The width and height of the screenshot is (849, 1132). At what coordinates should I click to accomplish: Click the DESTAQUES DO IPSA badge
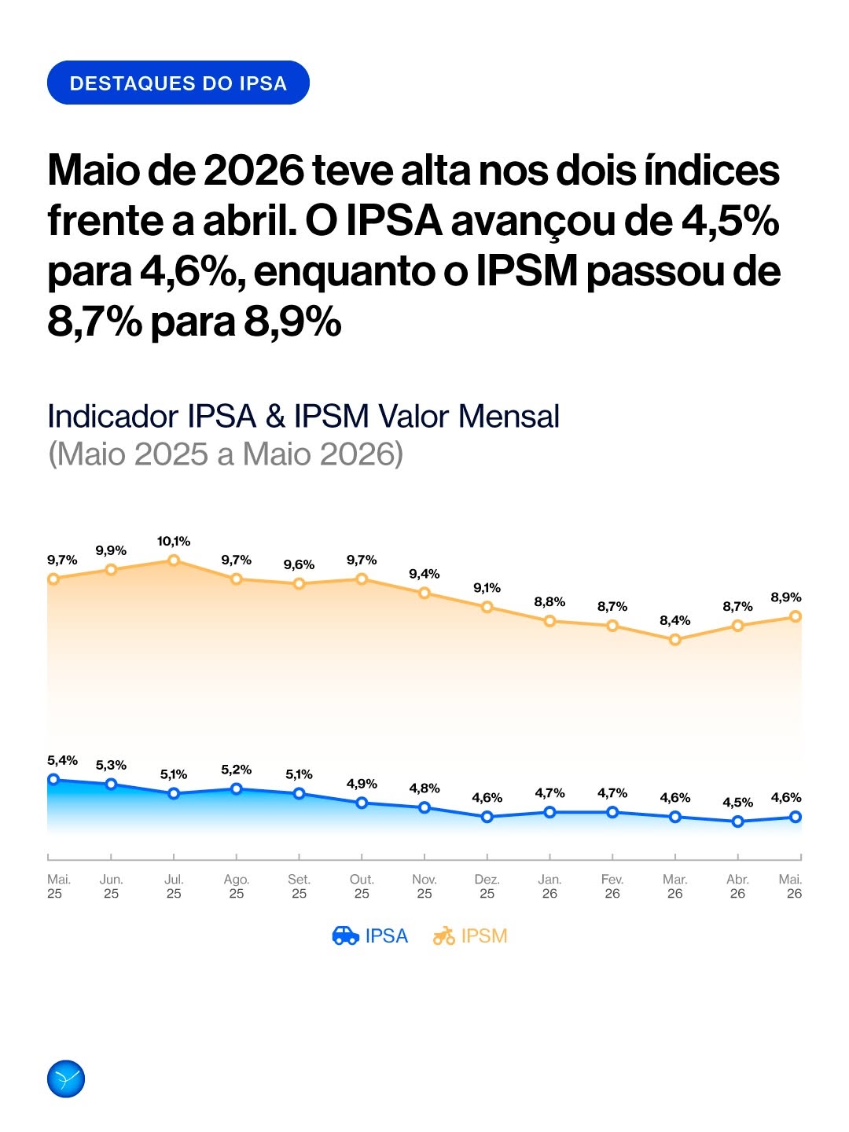pos(178,83)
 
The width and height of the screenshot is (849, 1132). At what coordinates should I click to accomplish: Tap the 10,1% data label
pos(174,542)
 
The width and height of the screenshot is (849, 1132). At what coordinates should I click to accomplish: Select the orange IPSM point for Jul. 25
pos(174,560)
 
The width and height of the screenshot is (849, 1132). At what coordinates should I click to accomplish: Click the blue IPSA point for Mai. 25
pos(53,779)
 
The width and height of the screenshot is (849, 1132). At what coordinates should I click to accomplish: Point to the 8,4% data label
pos(674,620)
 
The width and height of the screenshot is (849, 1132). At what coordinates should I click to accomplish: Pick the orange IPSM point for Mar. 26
pos(674,640)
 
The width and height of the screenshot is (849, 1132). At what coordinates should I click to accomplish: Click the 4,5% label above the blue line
pos(737,803)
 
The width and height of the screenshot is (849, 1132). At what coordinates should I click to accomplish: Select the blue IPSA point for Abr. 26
pos(737,821)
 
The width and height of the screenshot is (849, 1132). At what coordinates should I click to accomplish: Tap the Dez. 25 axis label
pos(487,887)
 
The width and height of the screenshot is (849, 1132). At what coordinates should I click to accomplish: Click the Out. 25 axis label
pos(362,887)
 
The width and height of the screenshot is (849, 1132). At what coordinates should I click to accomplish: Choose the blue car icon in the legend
pos(345,935)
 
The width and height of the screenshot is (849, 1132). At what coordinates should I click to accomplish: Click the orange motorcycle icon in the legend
pos(444,935)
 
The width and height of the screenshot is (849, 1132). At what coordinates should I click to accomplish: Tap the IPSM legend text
pos(484,935)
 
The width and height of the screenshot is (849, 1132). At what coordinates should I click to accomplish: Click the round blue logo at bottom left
pos(66,1079)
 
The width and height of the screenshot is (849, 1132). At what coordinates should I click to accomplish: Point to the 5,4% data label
pos(62,761)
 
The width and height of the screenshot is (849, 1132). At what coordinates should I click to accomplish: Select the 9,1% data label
pos(487,588)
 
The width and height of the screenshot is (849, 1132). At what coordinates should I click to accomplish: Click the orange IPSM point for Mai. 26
pos(796,616)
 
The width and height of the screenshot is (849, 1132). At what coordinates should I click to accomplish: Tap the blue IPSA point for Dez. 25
pos(487,817)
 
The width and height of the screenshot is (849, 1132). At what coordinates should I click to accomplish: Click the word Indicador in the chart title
pos(113,416)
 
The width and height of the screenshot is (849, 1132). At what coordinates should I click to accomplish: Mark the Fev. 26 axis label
pos(612,887)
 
